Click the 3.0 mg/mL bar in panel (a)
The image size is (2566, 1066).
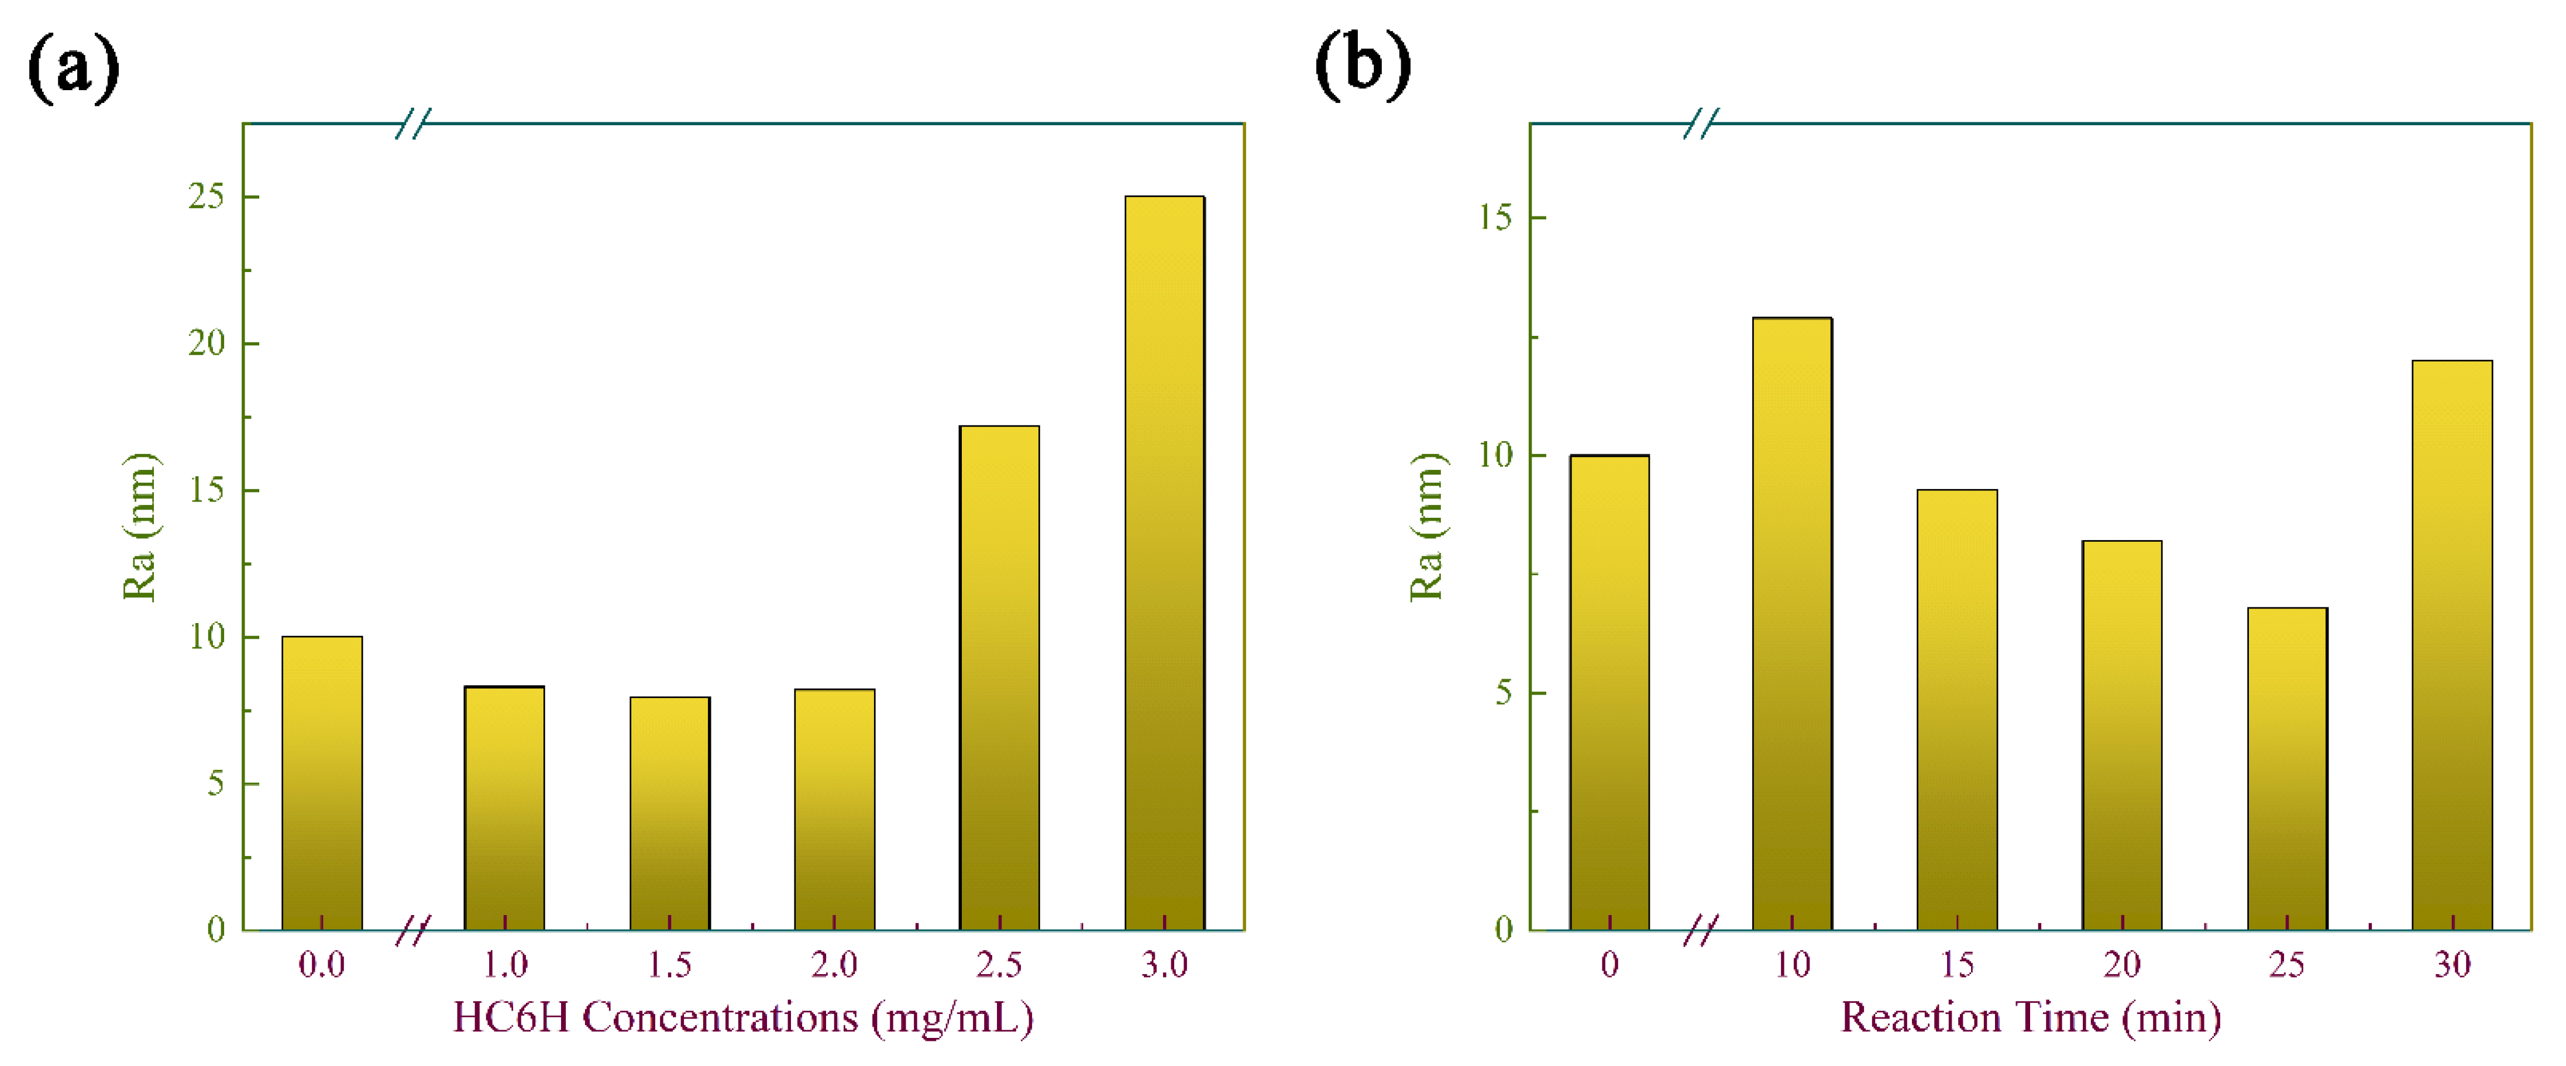click(x=1164, y=563)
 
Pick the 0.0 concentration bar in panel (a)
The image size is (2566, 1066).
click(x=322, y=782)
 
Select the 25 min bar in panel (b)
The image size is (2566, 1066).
click(x=2286, y=768)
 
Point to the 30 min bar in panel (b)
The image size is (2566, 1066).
click(x=2451, y=645)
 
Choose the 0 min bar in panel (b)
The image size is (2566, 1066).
click(x=1609, y=692)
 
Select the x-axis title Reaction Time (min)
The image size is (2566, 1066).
click(x=2030, y=1018)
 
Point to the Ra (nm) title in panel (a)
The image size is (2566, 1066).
click(x=139, y=527)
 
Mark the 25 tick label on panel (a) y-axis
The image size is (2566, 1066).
click(x=206, y=196)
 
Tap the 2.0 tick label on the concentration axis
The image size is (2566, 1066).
click(x=834, y=964)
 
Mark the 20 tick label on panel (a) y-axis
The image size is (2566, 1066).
click(x=206, y=343)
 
